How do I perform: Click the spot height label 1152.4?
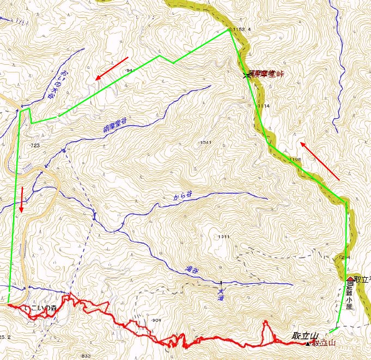coord(241,29)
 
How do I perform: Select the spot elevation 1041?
coord(205,142)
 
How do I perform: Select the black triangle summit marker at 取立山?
coord(308,344)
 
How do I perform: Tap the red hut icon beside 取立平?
coord(350,279)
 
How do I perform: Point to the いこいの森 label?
coord(41,309)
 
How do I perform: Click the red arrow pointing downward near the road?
coord(21,199)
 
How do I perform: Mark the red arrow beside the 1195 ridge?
coord(319,161)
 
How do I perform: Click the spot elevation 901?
coord(157,320)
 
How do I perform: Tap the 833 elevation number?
coord(84,356)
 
